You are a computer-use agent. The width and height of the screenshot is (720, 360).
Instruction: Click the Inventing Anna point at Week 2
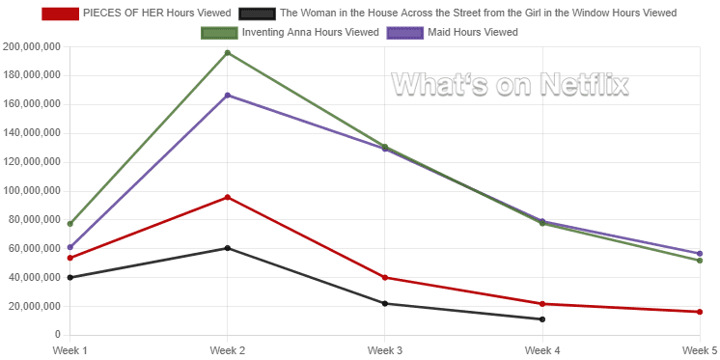[228, 53]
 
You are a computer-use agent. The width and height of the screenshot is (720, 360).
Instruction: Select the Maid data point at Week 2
[228, 96]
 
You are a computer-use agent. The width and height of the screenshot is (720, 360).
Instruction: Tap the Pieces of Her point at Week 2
[228, 198]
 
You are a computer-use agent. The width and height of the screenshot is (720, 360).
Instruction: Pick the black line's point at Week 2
[228, 248]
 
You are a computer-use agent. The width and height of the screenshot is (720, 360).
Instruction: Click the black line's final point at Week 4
[542, 319]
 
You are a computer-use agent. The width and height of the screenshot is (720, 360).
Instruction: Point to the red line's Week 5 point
[700, 312]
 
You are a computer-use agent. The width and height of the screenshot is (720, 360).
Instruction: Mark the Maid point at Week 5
[700, 254]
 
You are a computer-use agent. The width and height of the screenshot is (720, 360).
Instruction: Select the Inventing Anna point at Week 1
[70, 224]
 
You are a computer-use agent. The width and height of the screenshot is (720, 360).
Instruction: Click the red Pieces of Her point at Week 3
[385, 278]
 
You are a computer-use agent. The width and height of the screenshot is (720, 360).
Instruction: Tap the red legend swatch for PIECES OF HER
[60, 14]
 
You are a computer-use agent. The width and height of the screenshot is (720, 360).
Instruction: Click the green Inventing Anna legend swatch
[218, 33]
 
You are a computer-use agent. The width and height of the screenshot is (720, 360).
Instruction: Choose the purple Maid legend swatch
[405, 33]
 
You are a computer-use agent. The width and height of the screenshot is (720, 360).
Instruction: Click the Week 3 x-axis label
[385, 349]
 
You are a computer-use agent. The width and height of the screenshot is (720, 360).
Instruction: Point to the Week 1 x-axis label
[70, 349]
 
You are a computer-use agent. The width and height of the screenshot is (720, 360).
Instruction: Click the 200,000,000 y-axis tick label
[32, 46]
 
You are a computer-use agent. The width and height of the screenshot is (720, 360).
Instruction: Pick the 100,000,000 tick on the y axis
[32, 191]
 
